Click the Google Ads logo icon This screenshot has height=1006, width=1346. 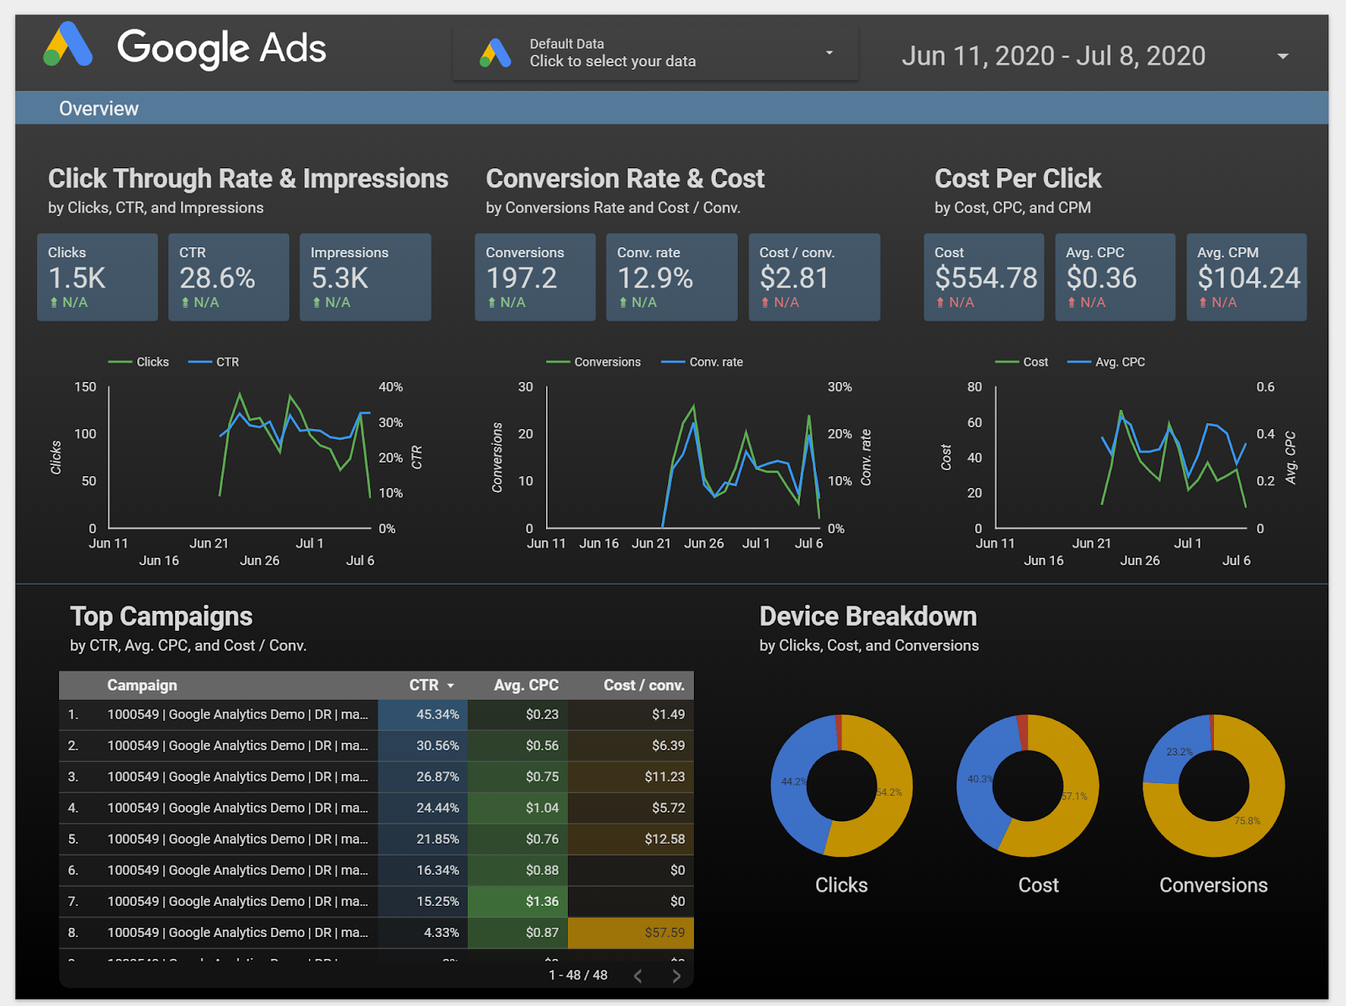coord(67,45)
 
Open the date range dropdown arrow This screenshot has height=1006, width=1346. coord(1282,56)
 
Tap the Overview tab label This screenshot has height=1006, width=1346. coord(98,109)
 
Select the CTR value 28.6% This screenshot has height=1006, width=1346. coord(217,278)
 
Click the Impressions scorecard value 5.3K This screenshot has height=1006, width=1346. coord(340,278)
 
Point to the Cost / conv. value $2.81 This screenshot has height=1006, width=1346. coord(794,278)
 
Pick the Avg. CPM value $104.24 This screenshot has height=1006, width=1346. coord(1248,278)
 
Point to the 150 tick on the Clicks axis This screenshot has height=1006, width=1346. coord(86,387)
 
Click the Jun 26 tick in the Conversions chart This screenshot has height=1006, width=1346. coord(703,543)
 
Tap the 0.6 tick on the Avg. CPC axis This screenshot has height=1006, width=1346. coord(1265,387)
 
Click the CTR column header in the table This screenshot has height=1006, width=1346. coord(424,685)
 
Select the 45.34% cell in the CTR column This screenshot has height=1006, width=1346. coord(437,714)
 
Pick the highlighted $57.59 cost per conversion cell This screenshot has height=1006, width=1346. coord(665,932)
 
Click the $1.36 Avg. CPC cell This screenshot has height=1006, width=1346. coord(542,901)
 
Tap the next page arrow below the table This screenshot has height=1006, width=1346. coord(676,976)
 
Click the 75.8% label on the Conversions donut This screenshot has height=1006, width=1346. coord(1247,821)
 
